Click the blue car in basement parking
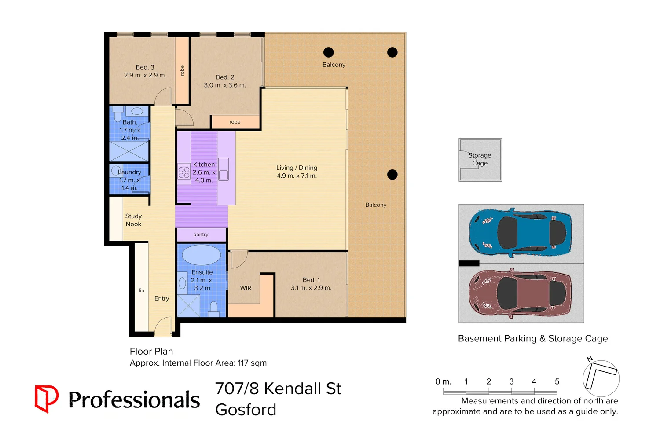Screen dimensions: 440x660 (x=520, y=232)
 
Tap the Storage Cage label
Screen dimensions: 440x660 (x=480, y=159)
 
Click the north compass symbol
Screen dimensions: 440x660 (x=601, y=378)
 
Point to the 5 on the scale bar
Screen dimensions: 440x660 (x=557, y=382)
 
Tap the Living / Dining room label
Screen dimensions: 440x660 (x=297, y=172)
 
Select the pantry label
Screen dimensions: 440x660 (x=201, y=235)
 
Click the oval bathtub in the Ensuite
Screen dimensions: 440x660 (x=201, y=255)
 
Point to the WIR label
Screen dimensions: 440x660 (x=246, y=288)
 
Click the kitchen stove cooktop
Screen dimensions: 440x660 (x=183, y=172)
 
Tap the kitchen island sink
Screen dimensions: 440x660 (x=224, y=169)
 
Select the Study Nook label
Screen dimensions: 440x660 (x=133, y=220)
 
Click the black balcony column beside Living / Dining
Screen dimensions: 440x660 (x=392, y=175)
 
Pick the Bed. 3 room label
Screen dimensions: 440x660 (x=145, y=71)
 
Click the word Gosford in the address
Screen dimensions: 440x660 (x=246, y=410)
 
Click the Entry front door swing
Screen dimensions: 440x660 (x=162, y=327)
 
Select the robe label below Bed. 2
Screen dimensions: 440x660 (x=235, y=122)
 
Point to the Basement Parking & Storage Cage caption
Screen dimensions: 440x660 (x=533, y=338)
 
